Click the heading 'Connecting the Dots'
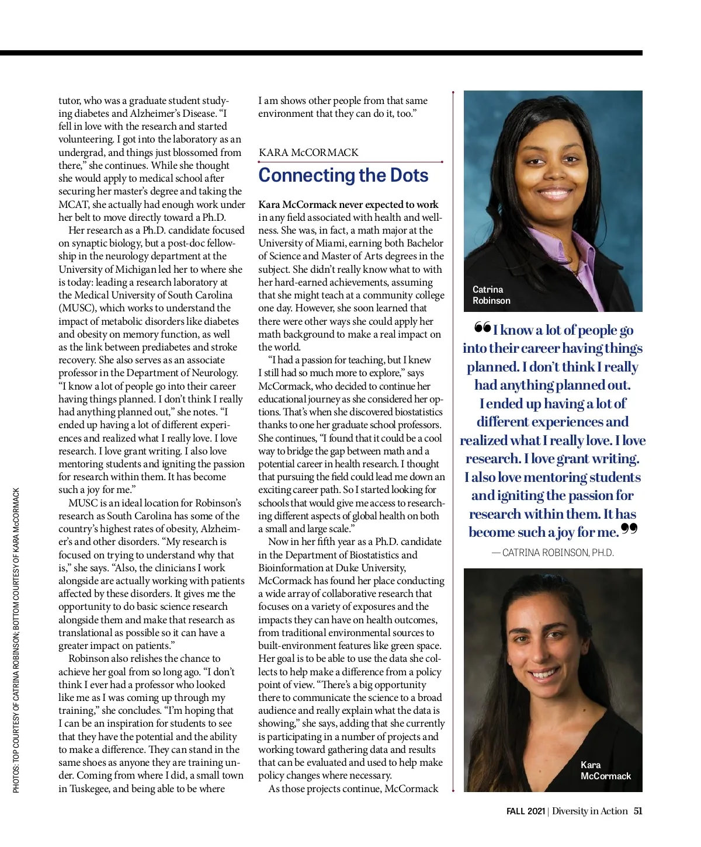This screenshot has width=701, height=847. (343, 175)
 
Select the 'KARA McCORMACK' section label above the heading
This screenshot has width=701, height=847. (308, 152)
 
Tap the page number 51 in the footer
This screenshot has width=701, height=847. (638, 811)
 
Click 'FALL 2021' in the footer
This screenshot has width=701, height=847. (525, 811)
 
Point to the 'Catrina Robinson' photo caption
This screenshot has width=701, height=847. (491, 295)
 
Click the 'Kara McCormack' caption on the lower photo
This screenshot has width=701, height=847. (605, 770)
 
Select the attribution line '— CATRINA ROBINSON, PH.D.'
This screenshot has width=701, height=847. (553, 553)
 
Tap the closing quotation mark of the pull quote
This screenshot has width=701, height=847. (629, 529)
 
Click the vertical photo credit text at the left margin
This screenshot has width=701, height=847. (16, 640)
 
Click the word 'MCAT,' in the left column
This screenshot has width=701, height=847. (74, 204)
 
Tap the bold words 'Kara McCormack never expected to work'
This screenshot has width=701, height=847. (348, 204)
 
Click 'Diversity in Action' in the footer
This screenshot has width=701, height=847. (589, 811)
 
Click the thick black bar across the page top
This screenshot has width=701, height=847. (321, 53)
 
